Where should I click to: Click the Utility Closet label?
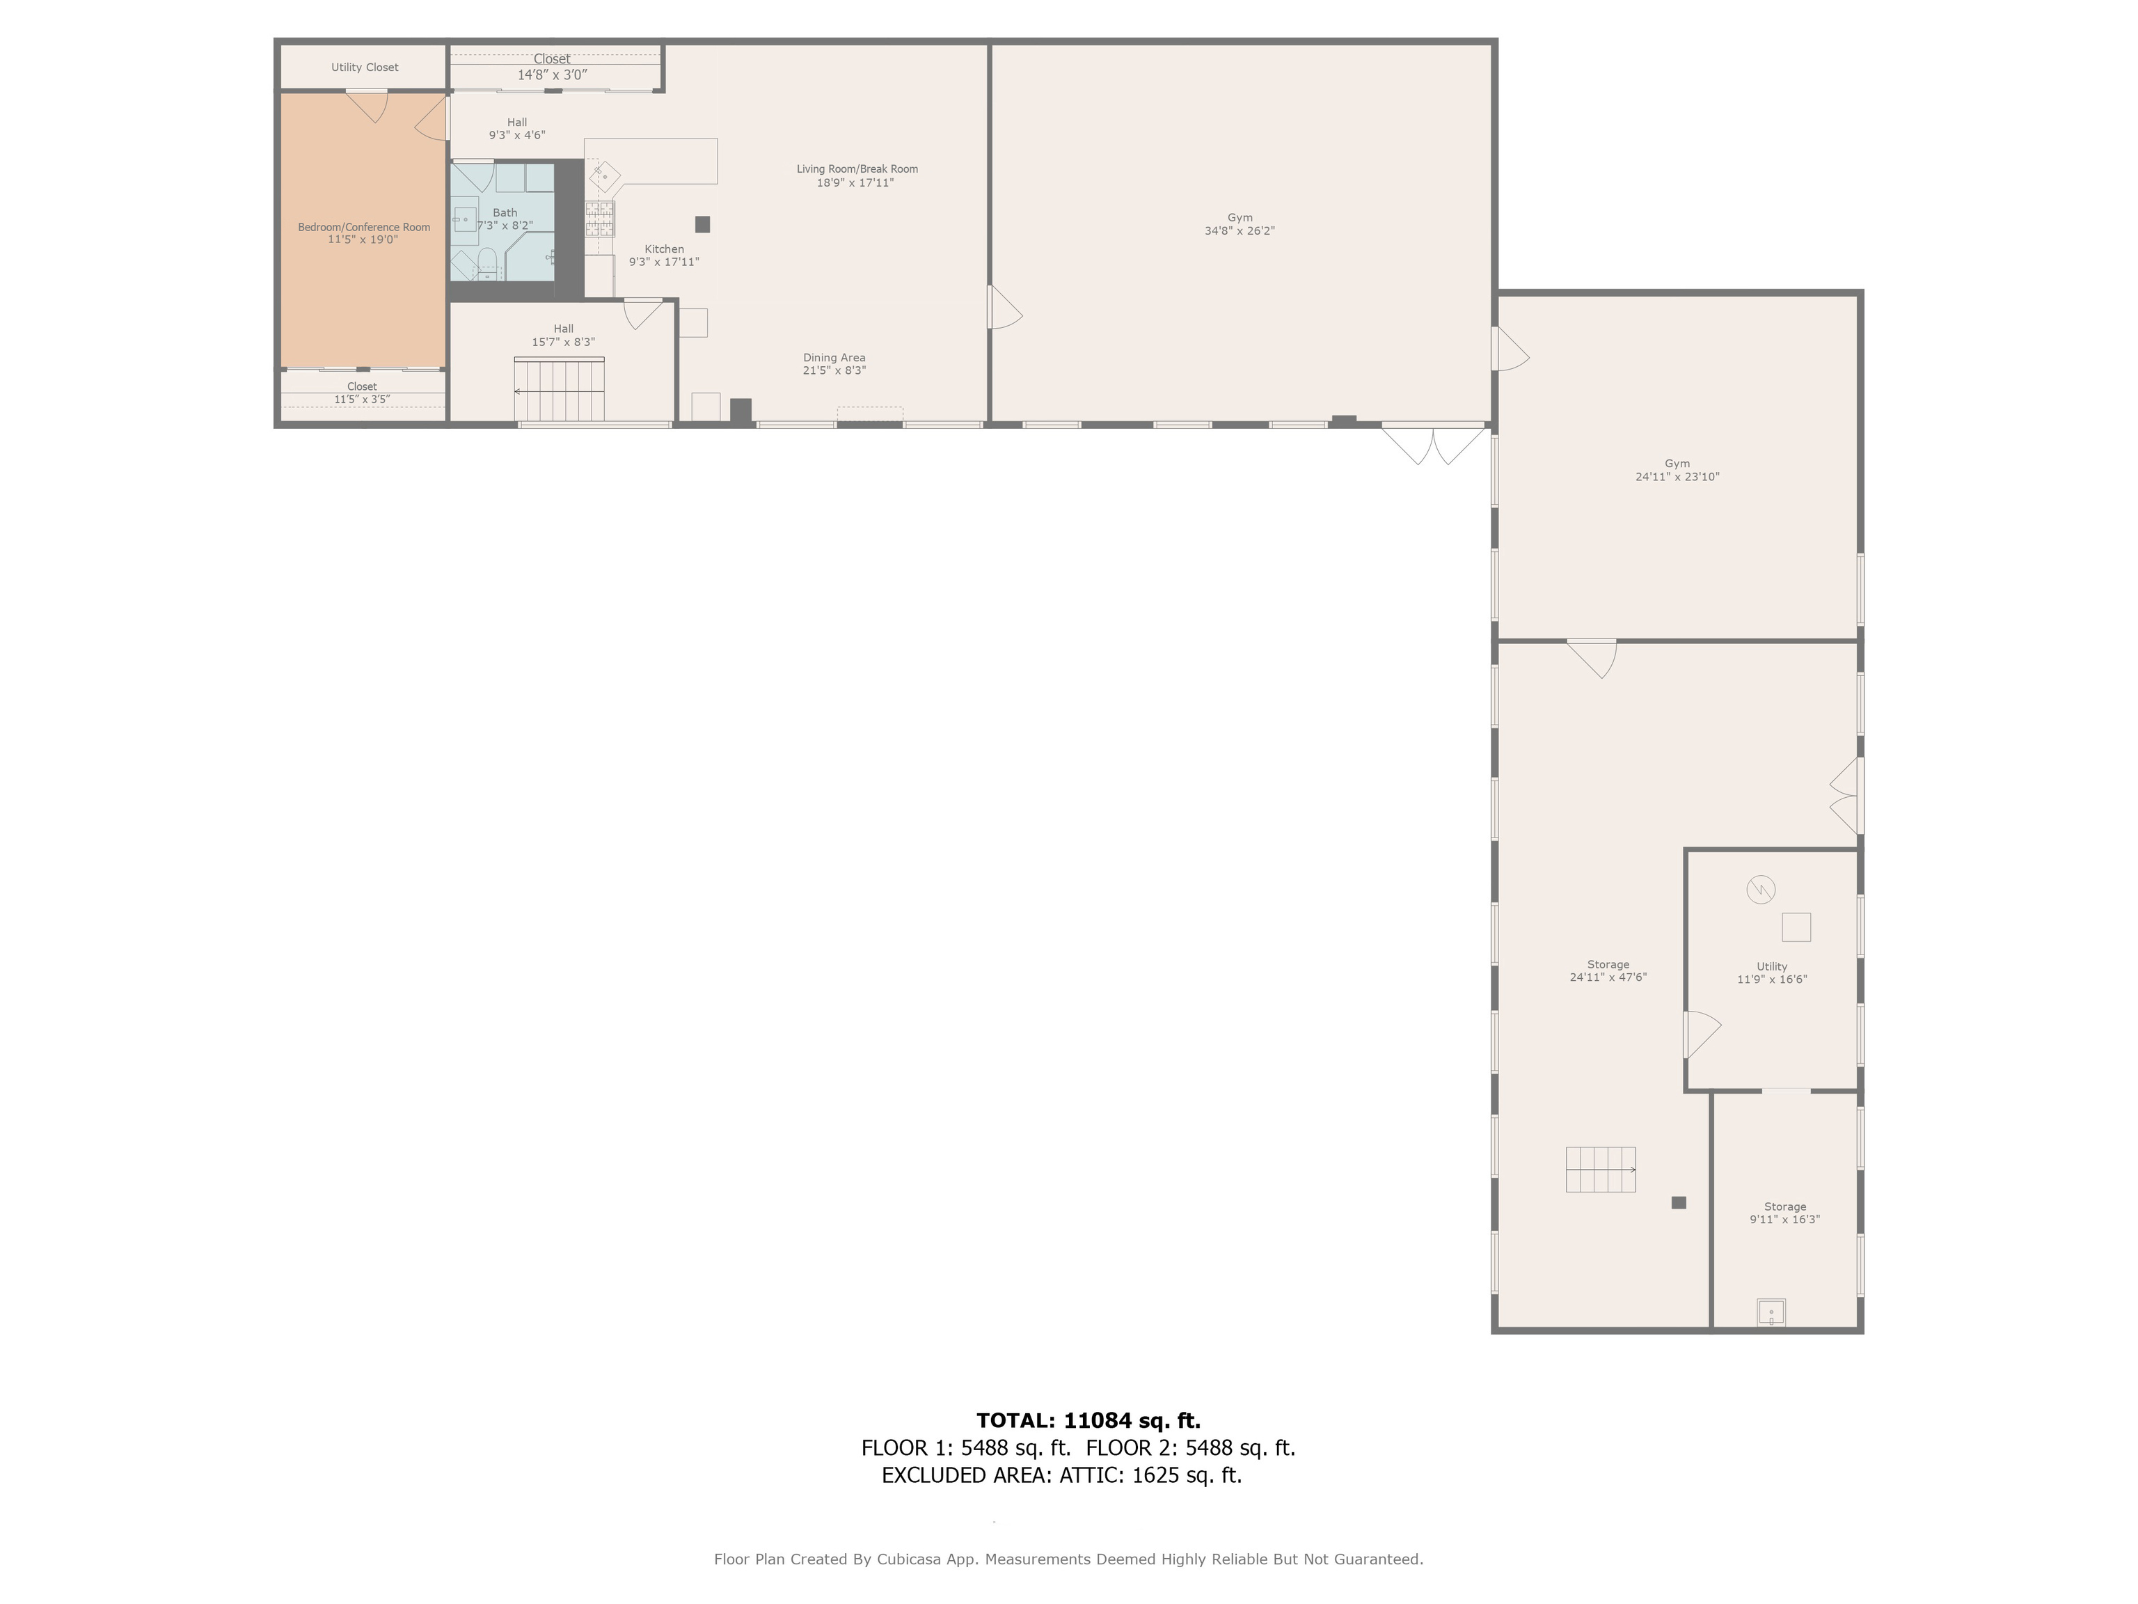365,68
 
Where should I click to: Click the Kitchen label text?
664,249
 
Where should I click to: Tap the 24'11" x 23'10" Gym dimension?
1677,477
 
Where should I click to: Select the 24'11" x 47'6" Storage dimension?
1608,977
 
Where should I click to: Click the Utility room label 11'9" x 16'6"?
1772,973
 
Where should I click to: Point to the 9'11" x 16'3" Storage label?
1784,1213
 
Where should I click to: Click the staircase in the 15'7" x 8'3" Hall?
560,390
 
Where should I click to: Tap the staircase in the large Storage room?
1601,1170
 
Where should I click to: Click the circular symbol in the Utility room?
1761,890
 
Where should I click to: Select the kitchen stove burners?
599,219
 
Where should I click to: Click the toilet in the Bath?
487,263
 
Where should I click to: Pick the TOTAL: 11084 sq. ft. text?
1088,1420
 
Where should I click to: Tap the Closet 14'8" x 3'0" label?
552,67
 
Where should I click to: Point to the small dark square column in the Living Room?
703,224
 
